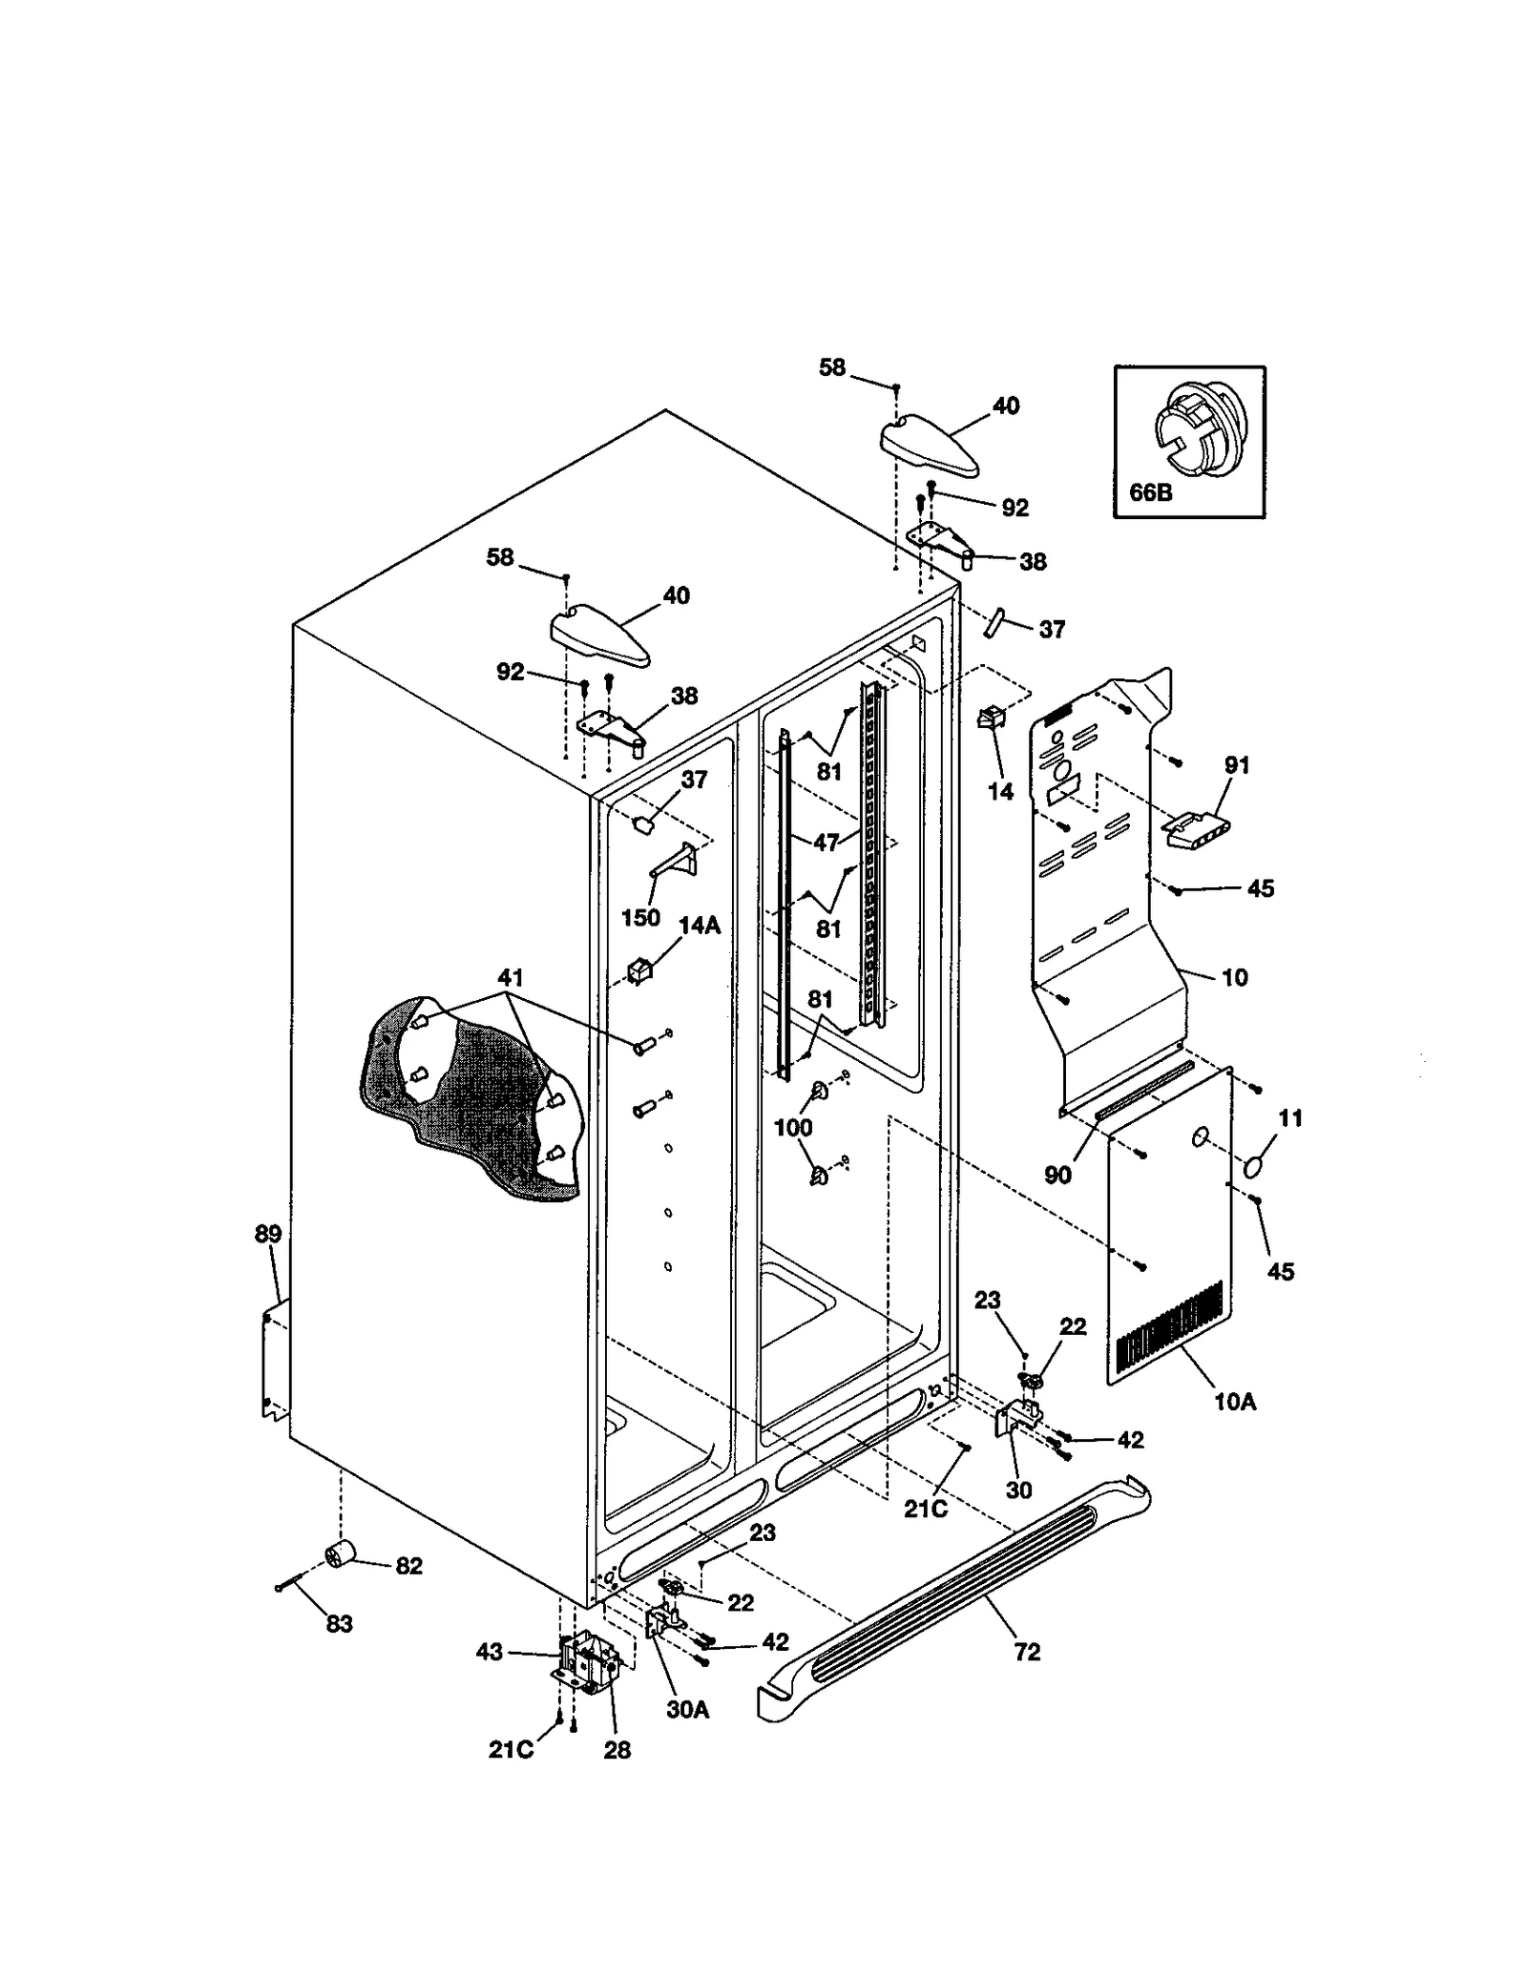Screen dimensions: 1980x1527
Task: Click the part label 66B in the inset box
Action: coord(1149,492)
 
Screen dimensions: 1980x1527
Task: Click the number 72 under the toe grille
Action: coord(1027,1652)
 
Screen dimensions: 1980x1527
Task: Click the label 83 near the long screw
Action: coord(339,1623)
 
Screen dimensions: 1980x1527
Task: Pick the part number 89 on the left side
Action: coord(268,1234)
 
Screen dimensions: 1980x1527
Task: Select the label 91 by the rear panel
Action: coord(1237,764)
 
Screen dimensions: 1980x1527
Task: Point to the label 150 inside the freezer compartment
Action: coord(640,917)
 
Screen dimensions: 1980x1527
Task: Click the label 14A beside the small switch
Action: coord(700,925)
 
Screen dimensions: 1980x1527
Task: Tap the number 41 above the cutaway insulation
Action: coord(511,978)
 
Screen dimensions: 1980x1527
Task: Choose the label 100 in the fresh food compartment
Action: coord(792,1127)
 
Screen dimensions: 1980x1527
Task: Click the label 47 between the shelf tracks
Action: coord(826,843)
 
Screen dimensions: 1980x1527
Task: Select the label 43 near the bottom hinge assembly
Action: coord(490,1652)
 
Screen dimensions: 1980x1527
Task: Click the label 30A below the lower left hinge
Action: coord(687,1709)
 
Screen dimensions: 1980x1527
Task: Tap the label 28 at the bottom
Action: coord(617,1750)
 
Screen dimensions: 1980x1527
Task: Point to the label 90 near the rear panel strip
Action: coord(1057,1175)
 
